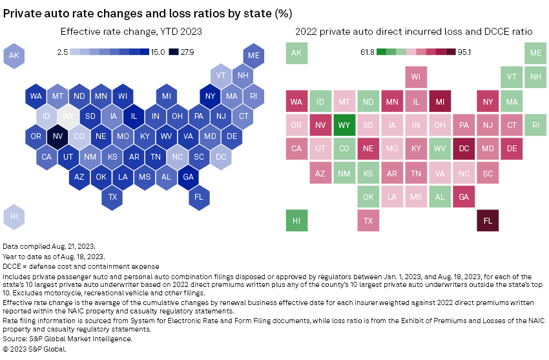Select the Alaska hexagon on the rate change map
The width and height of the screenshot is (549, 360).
pos(14,56)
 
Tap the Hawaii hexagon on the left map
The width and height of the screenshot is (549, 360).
pos(14,217)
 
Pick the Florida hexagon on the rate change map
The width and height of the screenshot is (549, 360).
pos(199,196)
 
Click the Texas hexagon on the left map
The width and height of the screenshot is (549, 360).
pos(113,196)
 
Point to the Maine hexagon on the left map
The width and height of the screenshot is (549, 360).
pos(253,56)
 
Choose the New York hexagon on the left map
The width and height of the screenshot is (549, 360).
pos(210,97)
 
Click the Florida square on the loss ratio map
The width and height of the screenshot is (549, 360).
pos(488,220)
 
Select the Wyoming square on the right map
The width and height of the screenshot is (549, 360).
pos(344,125)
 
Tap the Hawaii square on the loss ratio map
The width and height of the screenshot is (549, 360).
pos(296,220)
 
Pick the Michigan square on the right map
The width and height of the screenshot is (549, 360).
pos(440,101)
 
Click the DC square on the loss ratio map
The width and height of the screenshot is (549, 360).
pos(464,149)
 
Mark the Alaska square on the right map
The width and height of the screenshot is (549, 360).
pos(296,54)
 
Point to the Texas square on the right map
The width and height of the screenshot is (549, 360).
pos(368,220)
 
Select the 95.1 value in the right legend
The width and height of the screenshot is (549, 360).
pos(467,52)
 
